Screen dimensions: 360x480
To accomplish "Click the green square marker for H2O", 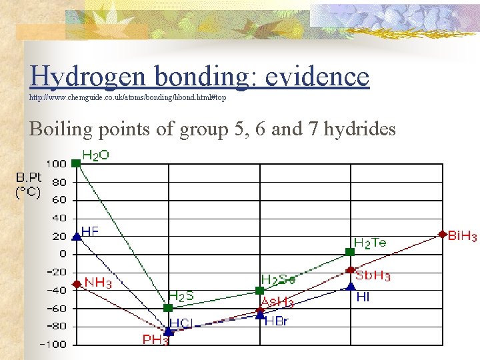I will [x=76, y=163].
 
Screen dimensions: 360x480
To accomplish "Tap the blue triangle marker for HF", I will [x=76, y=236].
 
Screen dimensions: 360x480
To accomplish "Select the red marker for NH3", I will [x=76, y=284].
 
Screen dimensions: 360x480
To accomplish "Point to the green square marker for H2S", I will [x=168, y=308].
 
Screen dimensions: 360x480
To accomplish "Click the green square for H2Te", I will [x=351, y=251].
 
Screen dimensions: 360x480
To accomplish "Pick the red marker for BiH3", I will [x=442, y=234].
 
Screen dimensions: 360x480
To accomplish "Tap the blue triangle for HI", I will [x=351, y=286].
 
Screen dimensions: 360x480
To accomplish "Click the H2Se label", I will [x=278, y=280].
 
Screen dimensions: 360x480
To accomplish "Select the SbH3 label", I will [x=373, y=276].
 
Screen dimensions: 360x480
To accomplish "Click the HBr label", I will [x=276, y=321].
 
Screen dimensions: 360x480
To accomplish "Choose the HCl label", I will [x=181, y=323].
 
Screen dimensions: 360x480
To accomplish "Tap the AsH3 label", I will [x=277, y=302].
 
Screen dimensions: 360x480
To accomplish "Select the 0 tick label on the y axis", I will [x=63, y=254].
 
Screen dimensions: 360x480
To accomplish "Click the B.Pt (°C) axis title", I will [x=29, y=185].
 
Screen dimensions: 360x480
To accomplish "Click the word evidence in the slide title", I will [x=317, y=77].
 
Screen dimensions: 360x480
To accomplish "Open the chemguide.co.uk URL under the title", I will [x=127, y=97].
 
